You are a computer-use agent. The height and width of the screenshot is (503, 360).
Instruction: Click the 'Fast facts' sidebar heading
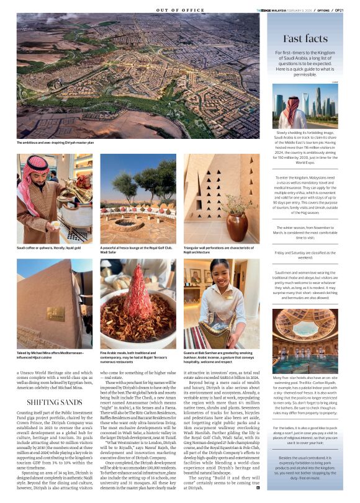[x=305, y=39]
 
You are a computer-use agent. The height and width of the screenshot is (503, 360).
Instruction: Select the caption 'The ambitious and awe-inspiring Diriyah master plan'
[x=56, y=143]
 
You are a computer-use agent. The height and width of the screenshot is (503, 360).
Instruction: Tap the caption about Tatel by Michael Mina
[x=53, y=355]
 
